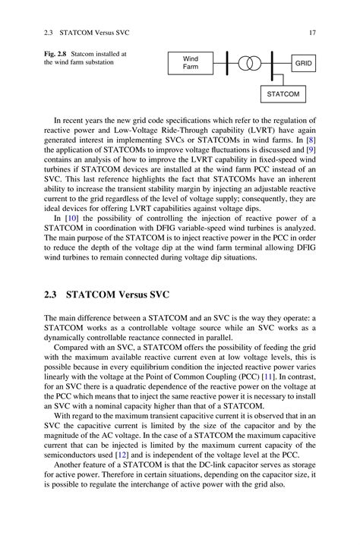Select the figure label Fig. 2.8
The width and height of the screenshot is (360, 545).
(x=56, y=54)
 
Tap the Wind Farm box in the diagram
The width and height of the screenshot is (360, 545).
(x=190, y=63)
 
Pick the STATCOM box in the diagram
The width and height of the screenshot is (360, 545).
(x=283, y=94)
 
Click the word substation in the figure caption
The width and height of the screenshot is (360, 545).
(x=96, y=62)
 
